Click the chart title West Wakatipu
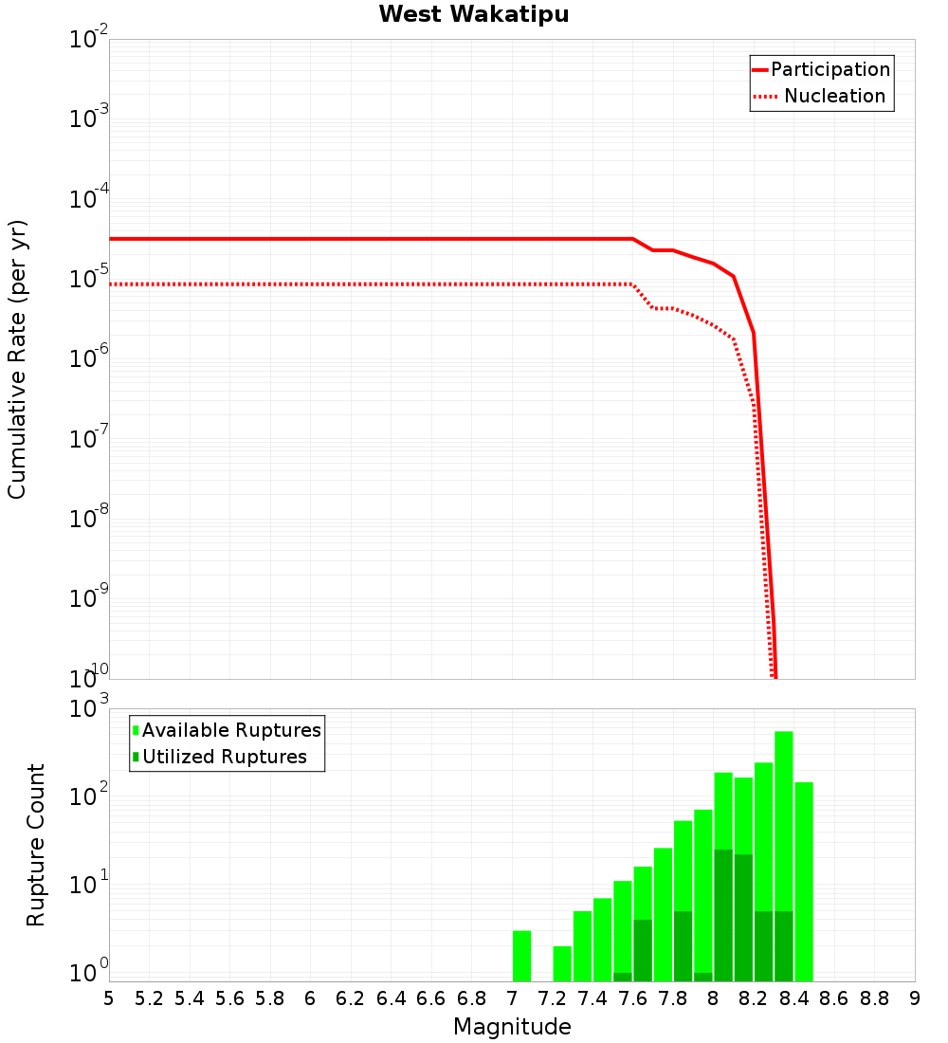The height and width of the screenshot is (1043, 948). [x=474, y=15]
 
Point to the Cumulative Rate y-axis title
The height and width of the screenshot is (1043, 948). [x=17, y=359]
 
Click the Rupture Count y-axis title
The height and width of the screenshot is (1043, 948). [x=36, y=845]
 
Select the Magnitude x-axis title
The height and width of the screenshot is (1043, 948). [x=512, y=1027]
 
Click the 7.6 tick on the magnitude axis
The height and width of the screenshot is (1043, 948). [x=632, y=998]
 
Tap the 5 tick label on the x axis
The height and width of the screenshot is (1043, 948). [x=109, y=998]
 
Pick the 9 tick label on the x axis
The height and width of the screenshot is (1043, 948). [x=915, y=998]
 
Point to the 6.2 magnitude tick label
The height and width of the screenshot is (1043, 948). [x=351, y=998]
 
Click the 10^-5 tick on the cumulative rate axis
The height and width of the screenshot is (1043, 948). [x=89, y=279]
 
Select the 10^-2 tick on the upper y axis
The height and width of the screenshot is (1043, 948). [x=89, y=40]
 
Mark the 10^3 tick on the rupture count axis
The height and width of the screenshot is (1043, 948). [x=89, y=709]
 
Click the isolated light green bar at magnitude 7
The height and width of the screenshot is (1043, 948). [x=521, y=956]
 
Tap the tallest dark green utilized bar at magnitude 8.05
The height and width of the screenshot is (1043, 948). [x=723, y=915]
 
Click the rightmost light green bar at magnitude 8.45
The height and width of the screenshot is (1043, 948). [x=804, y=882]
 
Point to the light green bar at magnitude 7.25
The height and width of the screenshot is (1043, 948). [x=562, y=963]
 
